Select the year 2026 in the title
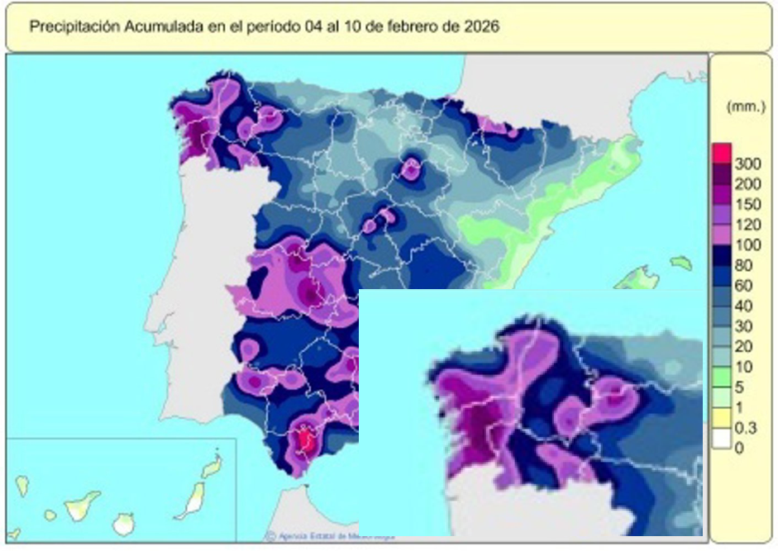pyautogui.click(x=480, y=26)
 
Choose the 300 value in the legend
pyautogui.click(x=748, y=164)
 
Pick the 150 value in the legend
pyautogui.click(x=748, y=202)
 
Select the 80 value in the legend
pyautogui.click(x=745, y=265)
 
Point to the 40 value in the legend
pyautogui.click(x=745, y=305)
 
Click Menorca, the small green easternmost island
pyautogui.click(x=681, y=263)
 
